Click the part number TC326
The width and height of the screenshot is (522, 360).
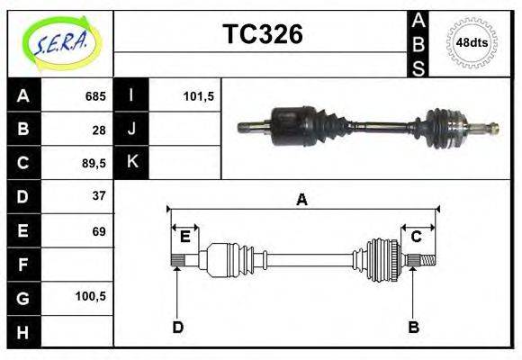point(263,34)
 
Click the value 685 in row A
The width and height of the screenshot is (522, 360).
point(94,95)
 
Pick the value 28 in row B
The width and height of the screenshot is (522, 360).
point(98,129)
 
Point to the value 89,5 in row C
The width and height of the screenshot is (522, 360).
point(92,163)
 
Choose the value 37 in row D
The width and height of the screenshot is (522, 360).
point(98,195)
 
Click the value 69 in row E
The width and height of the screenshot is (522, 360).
point(98,231)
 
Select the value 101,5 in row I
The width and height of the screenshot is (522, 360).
point(197,95)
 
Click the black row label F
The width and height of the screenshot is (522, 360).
point(23,265)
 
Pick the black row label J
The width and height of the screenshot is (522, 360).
point(132,129)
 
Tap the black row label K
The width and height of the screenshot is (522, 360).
point(132,163)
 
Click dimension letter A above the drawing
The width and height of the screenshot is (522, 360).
point(302,200)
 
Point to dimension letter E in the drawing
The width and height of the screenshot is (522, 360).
point(185,237)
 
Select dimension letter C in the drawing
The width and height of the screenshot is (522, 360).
point(417,237)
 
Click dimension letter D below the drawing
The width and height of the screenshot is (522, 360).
point(178,327)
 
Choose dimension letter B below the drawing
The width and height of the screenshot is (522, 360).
point(413,327)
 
